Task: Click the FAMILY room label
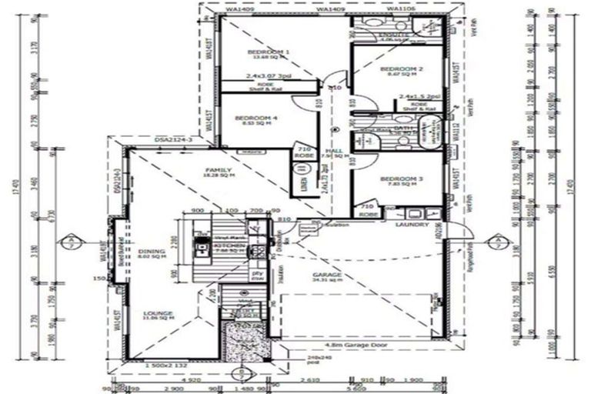click(x=213, y=170)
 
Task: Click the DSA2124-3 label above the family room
click(x=172, y=141)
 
